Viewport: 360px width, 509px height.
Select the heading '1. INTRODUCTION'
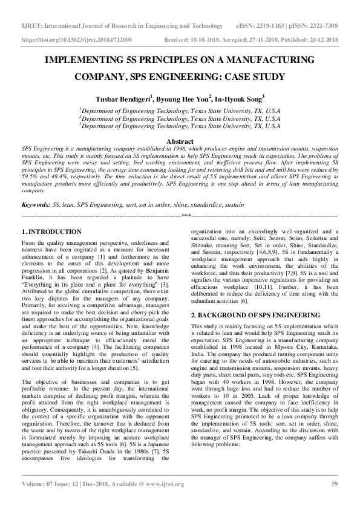tap(51, 232)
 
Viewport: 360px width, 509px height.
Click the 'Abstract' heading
tap(180, 141)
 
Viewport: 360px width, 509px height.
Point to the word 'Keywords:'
tap(36, 206)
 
